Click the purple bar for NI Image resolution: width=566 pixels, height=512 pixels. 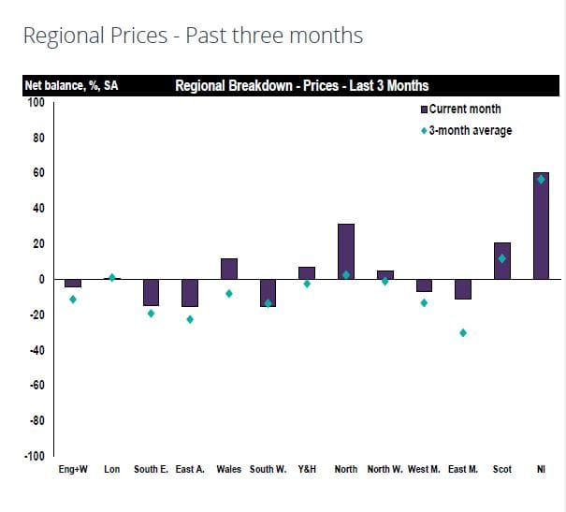pos(541,226)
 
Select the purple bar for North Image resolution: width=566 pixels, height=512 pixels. pos(345,251)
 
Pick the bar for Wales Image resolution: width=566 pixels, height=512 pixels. pos(228,269)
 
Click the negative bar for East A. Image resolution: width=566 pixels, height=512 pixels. pos(190,293)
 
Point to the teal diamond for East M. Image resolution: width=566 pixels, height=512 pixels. pos(462,333)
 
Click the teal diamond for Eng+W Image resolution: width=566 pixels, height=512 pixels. pos(73,300)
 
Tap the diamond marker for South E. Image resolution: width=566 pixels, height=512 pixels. pos(151,314)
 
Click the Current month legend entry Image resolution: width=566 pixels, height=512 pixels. pos(464,110)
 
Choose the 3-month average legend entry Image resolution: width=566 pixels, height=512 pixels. pos(468,131)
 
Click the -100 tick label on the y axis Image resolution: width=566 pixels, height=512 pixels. pos(34,456)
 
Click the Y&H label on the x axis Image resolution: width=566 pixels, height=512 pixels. pos(306,470)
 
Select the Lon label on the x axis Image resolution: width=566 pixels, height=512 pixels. pos(111,470)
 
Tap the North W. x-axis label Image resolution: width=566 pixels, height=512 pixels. pos(385,470)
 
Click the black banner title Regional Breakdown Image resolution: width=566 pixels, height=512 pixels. pos(301,86)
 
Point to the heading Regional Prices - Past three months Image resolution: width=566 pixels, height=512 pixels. pos(193,37)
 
